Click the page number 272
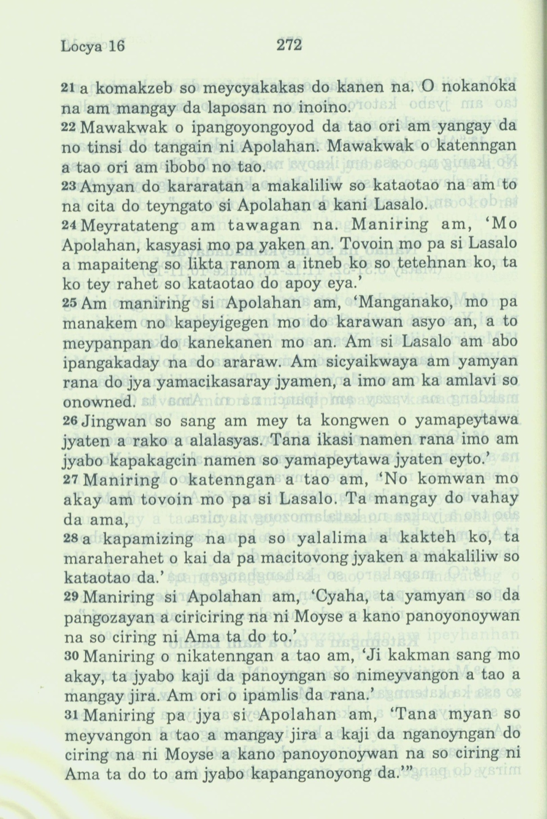(x=288, y=45)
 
